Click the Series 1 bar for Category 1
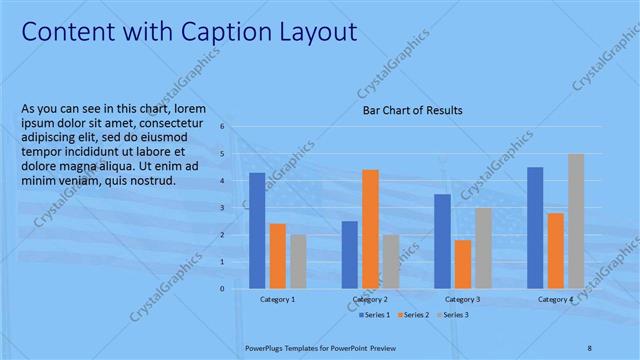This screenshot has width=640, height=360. pos(257,230)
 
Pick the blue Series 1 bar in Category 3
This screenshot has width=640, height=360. pos(442,240)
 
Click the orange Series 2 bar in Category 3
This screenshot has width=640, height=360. pos(462,263)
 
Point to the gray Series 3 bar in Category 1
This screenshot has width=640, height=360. pos(298,261)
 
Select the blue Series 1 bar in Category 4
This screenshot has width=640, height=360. pos(535,227)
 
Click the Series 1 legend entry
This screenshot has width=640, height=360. pos(377,315)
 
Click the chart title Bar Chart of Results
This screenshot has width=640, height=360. pos(412,111)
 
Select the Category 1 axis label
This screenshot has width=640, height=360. pos(277,299)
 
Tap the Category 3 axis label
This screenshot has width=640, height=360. pos(462,299)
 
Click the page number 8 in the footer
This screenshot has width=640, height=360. pos(590,346)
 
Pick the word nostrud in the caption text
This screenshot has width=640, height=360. pos(152,181)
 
